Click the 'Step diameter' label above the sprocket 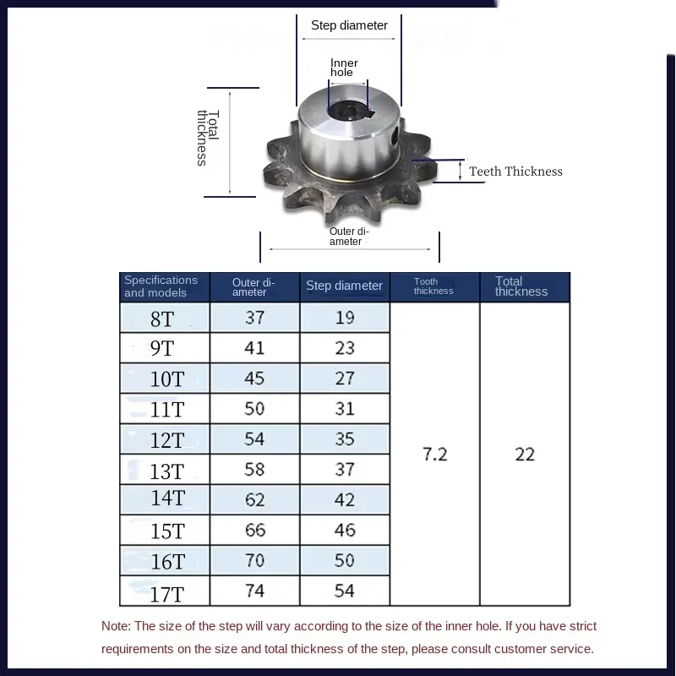pos(349,25)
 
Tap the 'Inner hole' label pos(343,68)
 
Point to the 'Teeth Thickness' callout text pos(515,172)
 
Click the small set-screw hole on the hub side pos(395,135)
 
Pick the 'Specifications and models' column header pos(161,286)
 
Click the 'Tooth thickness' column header pos(433,286)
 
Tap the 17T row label pos(166,594)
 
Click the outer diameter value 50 pos(254,409)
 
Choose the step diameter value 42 pos(345,500)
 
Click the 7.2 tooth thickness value pos(434,455)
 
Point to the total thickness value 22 pos(525,455)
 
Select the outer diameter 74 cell pos(254,591)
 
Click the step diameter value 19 pos(345,318)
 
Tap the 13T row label pos(166,472)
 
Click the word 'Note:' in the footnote pos(116,627)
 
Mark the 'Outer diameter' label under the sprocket pos(348,237)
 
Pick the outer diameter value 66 pos(254,531)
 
